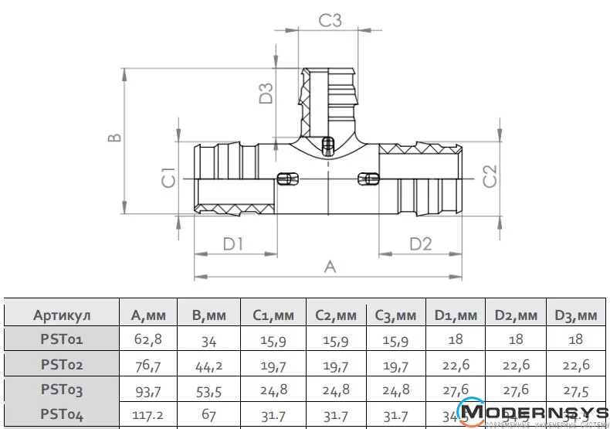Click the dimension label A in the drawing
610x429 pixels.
pos(330,267)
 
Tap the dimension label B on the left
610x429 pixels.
pos(114,138)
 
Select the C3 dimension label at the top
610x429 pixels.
pos(330,21)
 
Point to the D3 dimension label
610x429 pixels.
pos(266,94)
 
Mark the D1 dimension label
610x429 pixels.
pos(233,244)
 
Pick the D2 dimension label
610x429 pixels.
pos(420,244)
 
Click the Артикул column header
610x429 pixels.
pos(62,315)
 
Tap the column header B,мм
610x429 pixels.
pos(208,315)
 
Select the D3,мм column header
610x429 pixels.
pos(576,315)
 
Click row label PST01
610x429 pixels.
pos(62,339)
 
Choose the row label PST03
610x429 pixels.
pos(62,390)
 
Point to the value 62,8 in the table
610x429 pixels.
pos(149,339)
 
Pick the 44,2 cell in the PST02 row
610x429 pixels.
pos(208,365)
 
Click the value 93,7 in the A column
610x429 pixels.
pos(149,390)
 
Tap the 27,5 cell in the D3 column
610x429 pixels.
pos(576,390)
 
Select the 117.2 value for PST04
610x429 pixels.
pos(149,415)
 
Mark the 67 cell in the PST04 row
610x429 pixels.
pos(208,415)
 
